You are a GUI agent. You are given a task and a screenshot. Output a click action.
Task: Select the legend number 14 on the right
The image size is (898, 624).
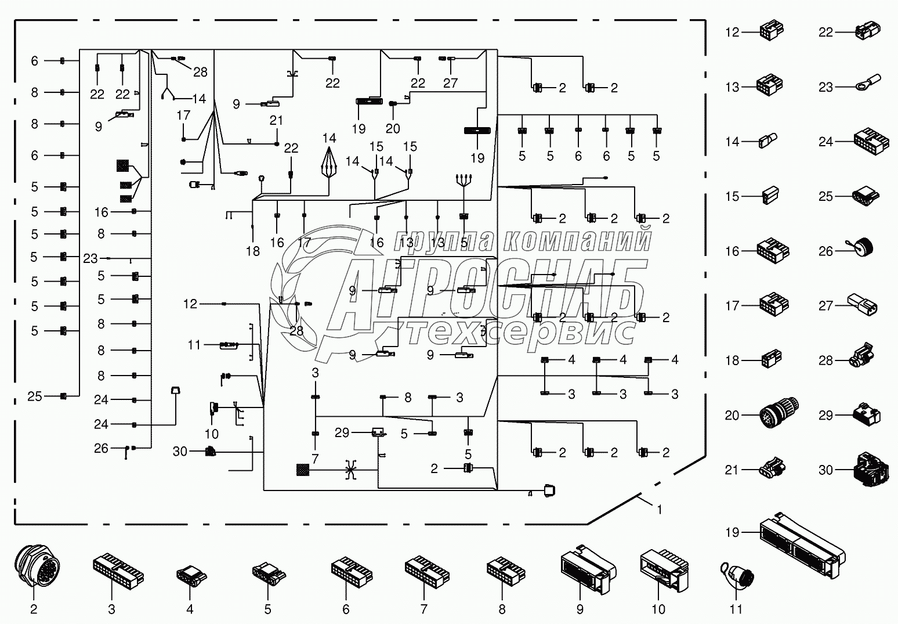coord(733,142)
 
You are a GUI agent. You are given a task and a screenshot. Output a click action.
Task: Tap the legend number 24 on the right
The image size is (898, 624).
coord(825,142)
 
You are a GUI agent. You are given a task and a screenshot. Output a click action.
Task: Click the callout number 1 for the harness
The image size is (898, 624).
coord(659,510)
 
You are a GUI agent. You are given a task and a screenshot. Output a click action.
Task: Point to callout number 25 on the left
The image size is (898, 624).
coord(35,396)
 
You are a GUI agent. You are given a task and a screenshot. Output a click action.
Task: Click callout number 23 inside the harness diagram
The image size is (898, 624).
coord(90,258)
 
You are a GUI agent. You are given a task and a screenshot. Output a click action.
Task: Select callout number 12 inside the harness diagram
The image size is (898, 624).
coord(190,304)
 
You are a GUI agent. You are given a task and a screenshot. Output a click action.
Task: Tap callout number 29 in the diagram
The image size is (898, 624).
coord(342,432)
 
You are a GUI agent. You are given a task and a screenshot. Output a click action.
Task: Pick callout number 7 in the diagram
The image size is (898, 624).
coord(315,459)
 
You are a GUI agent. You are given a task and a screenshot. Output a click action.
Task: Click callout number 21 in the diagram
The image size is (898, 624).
coord(277,120)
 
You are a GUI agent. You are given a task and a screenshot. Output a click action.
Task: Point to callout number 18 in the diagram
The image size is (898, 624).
coord(252,251)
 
